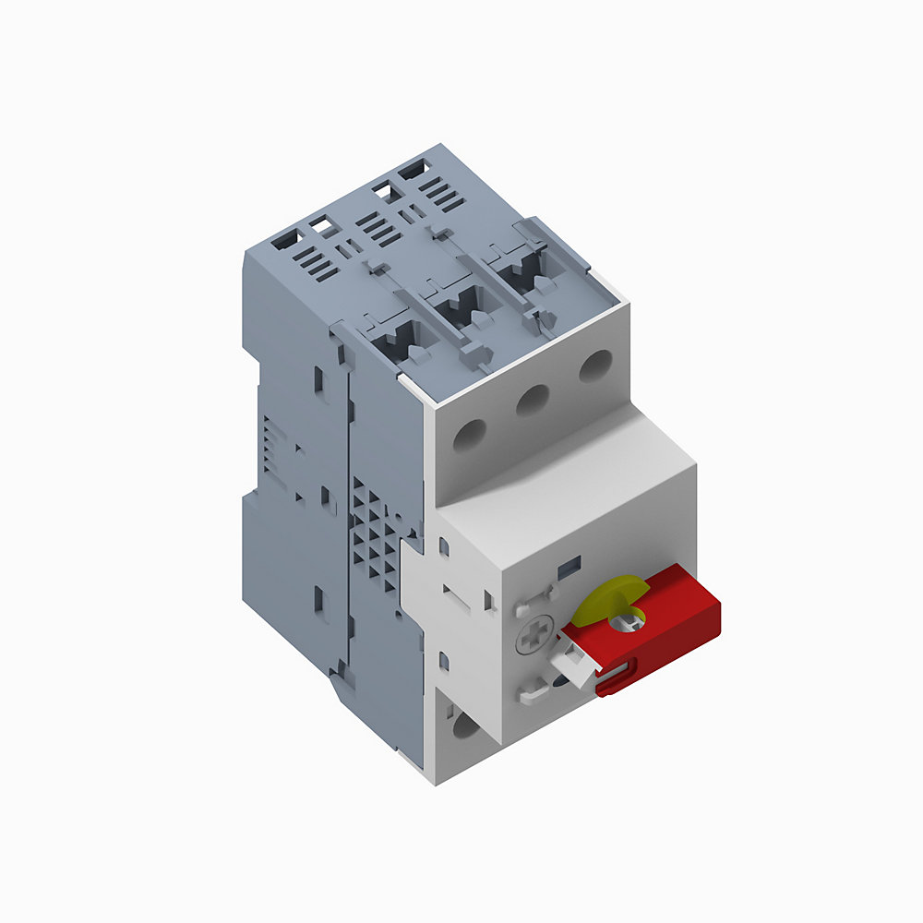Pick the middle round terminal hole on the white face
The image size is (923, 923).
pos(533,400)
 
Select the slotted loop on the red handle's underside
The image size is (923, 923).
pos(617,684)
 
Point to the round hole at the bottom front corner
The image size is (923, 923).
pos(467,729)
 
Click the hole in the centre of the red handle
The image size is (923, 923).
pos(634,621)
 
